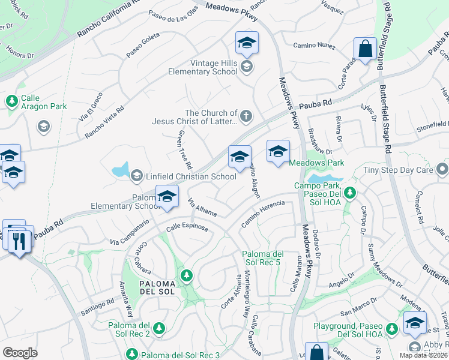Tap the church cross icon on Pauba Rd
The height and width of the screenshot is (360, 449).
pos(246,115)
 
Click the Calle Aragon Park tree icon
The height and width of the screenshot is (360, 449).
pos(11,101)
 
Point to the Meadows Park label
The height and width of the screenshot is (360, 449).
pos(317,163)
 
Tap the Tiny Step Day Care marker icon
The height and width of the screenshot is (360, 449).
pos(443,170)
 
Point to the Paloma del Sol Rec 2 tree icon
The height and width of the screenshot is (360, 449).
pos(159,328)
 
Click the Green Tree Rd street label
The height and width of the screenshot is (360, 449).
pos(184,149)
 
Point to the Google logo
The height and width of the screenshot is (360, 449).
pos(20,352)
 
